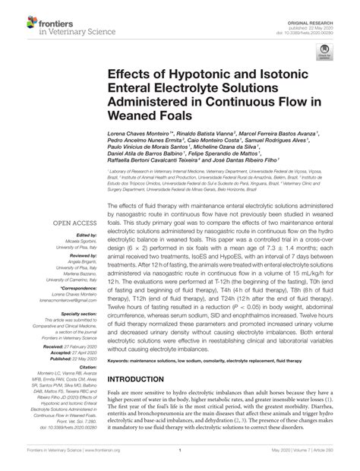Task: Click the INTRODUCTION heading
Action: [141, 379]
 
